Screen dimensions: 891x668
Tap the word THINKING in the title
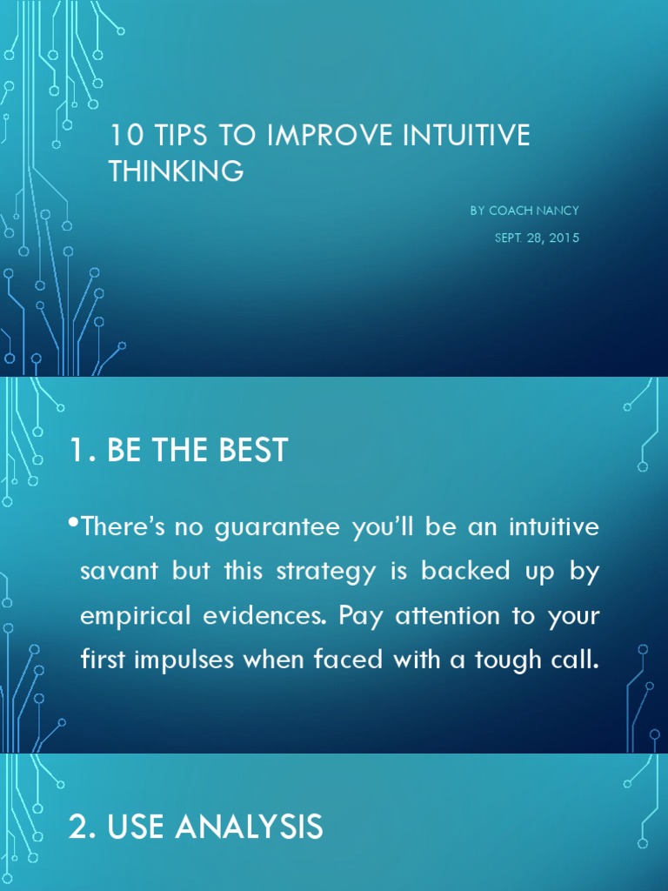coord(176,171)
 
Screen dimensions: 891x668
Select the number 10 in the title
coord(122,137)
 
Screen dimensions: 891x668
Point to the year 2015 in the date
coord(563,238)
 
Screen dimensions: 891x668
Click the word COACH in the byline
coord(512,211)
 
